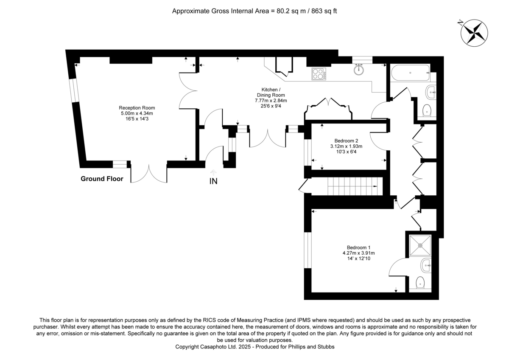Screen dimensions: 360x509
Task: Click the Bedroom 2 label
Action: [x=347, y=141]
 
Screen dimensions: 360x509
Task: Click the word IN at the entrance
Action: [x=213, y=181]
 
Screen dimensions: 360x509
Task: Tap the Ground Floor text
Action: [x=102, y=179]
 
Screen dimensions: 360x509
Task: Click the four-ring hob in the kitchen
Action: [x=319, y=74]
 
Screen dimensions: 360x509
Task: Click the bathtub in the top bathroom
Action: [x=411, y=74]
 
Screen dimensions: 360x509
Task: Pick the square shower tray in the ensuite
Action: [x=420, y=245]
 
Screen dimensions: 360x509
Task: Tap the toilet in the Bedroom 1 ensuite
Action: [x=420, y=282]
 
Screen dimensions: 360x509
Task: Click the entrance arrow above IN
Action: [x=213, y=172]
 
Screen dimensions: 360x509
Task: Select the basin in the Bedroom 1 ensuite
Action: [x=425, y=266]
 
